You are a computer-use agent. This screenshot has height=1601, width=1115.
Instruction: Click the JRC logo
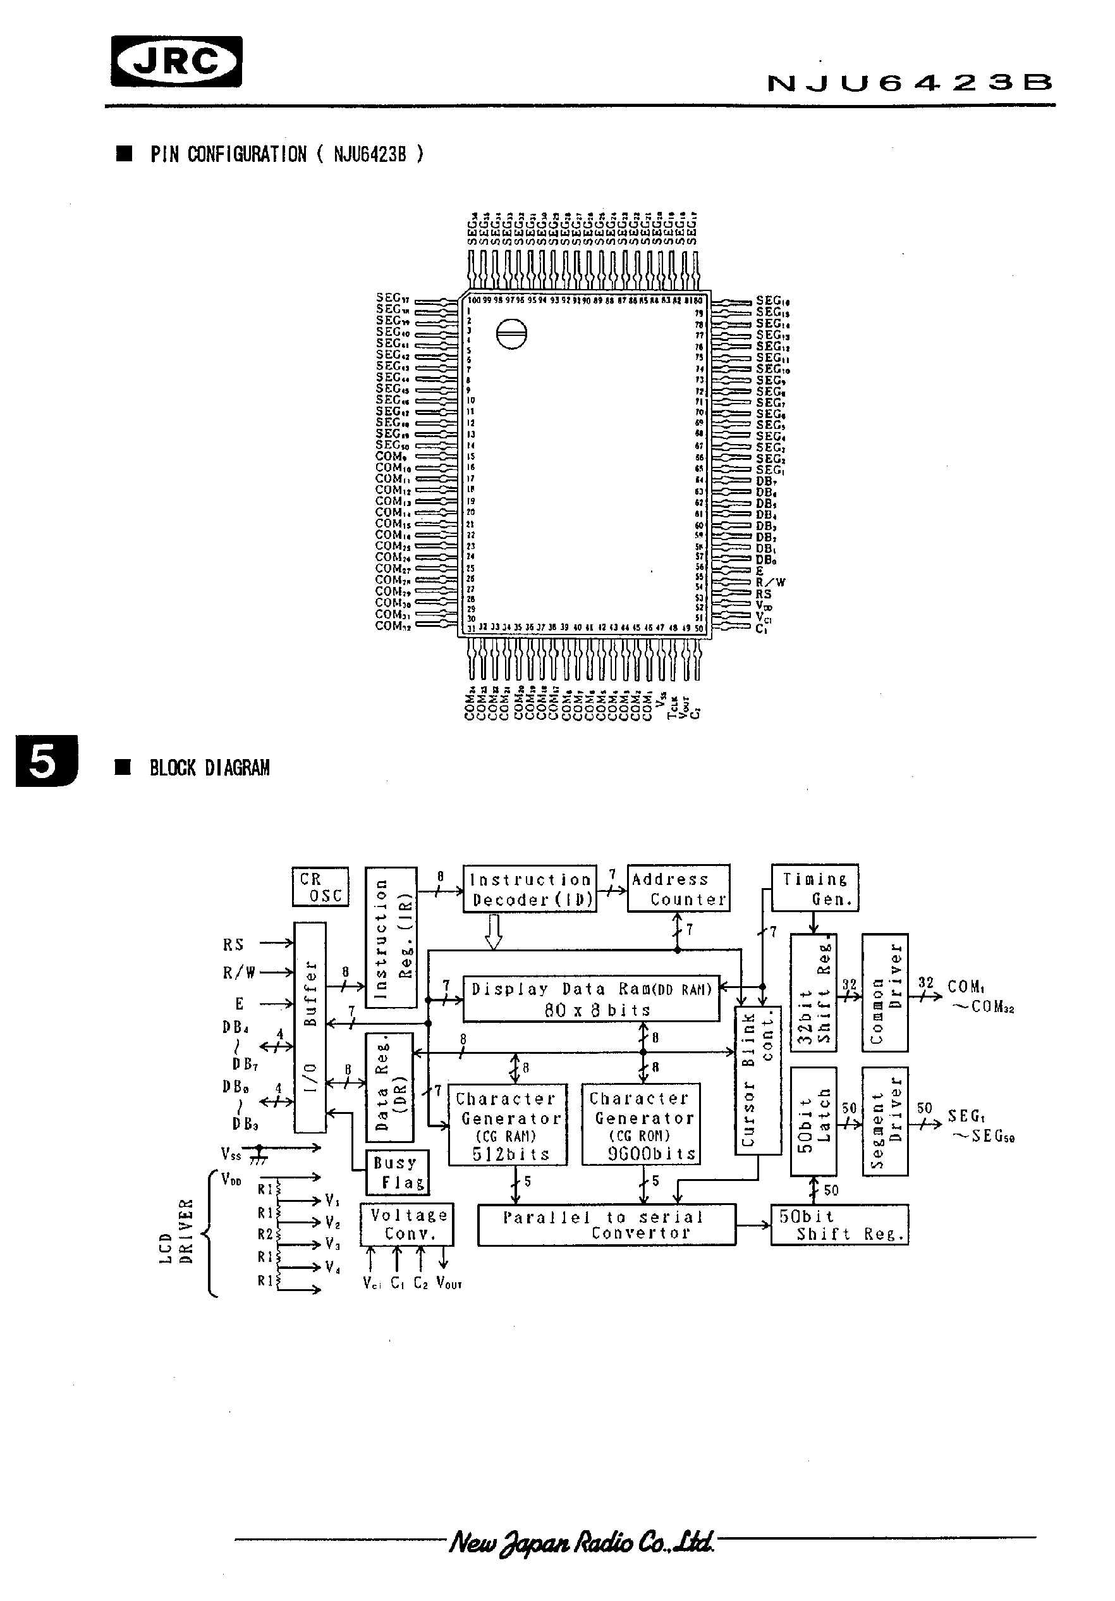coord(176,62)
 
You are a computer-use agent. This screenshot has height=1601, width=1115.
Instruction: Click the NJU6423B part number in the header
coord(910,83)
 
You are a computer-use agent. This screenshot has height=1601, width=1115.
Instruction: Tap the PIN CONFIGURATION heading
coord(286,154)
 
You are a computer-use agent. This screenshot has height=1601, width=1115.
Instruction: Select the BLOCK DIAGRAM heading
coord(209,769)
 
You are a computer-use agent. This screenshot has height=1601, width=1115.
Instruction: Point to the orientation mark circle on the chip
coord(511,334)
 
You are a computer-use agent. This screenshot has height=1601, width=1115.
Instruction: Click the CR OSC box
coord(320,887)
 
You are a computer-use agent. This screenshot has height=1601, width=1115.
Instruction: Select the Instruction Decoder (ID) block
coord(530,888)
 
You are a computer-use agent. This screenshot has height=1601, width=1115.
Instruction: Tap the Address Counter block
coord(678,888)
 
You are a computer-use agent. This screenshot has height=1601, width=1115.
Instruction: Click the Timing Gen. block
coord(815,887)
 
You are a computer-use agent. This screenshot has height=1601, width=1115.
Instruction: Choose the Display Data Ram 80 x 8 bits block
coord(591,999)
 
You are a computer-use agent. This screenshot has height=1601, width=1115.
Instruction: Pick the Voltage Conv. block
coord(407,1225)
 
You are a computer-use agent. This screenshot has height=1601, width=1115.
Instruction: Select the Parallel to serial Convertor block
coord(606,1225)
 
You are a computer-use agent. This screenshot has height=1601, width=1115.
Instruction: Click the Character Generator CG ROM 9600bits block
coord(640,1124)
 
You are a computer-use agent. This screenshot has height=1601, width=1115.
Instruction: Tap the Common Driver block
coord(884,992)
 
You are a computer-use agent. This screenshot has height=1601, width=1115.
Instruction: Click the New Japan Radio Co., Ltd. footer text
coord(582,1542)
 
